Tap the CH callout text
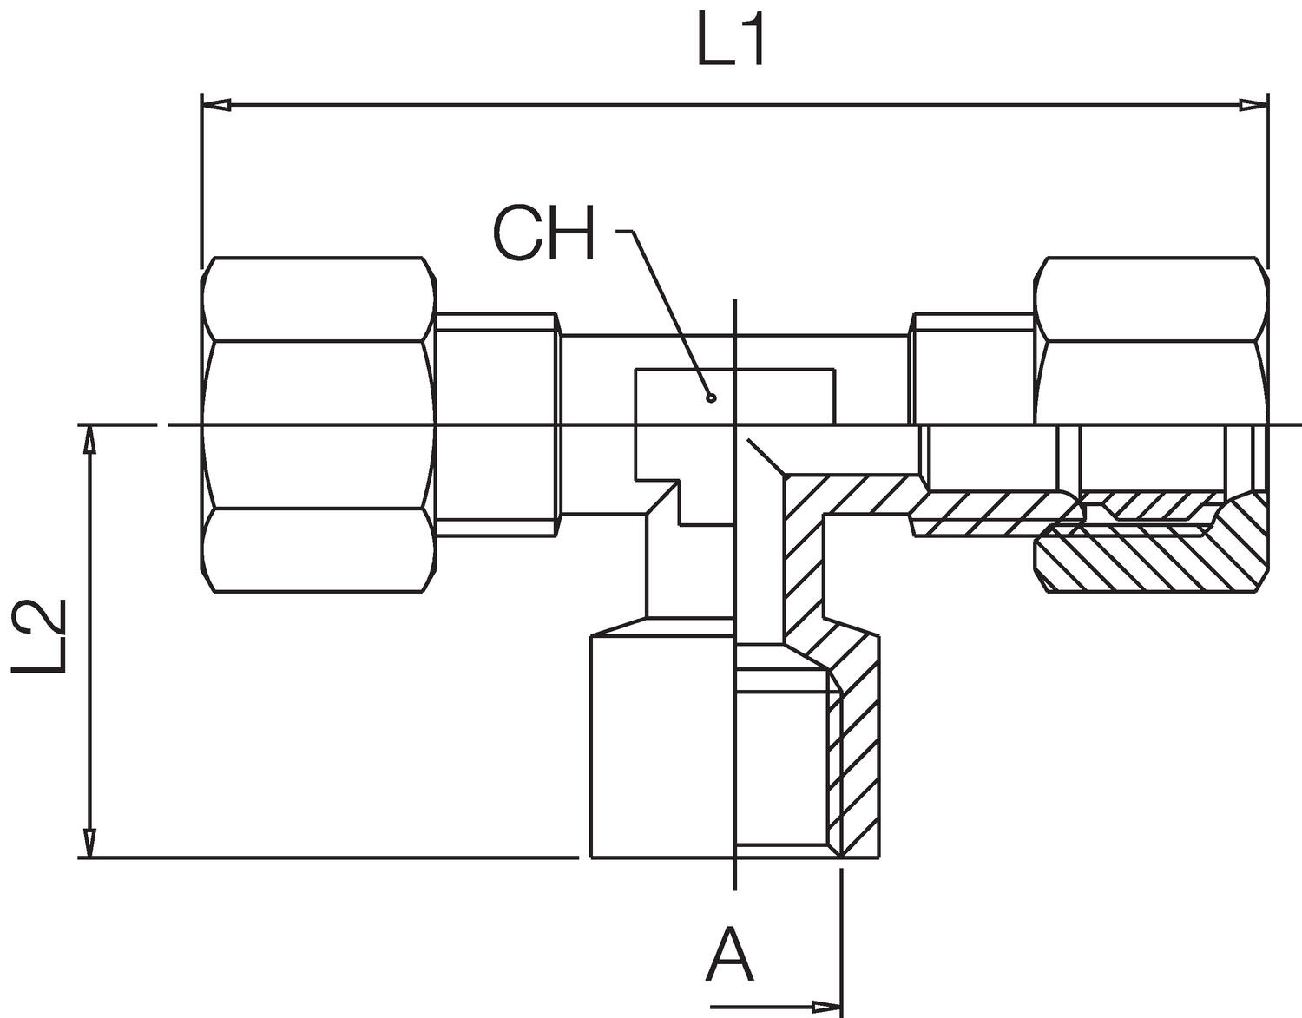[544, 234]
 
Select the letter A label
[730, 955]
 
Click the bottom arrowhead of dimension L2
[89, 843]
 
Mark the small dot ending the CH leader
[711, 398]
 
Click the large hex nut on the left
[318, 425]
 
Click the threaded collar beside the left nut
[495, 425]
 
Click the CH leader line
[673, 312]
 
